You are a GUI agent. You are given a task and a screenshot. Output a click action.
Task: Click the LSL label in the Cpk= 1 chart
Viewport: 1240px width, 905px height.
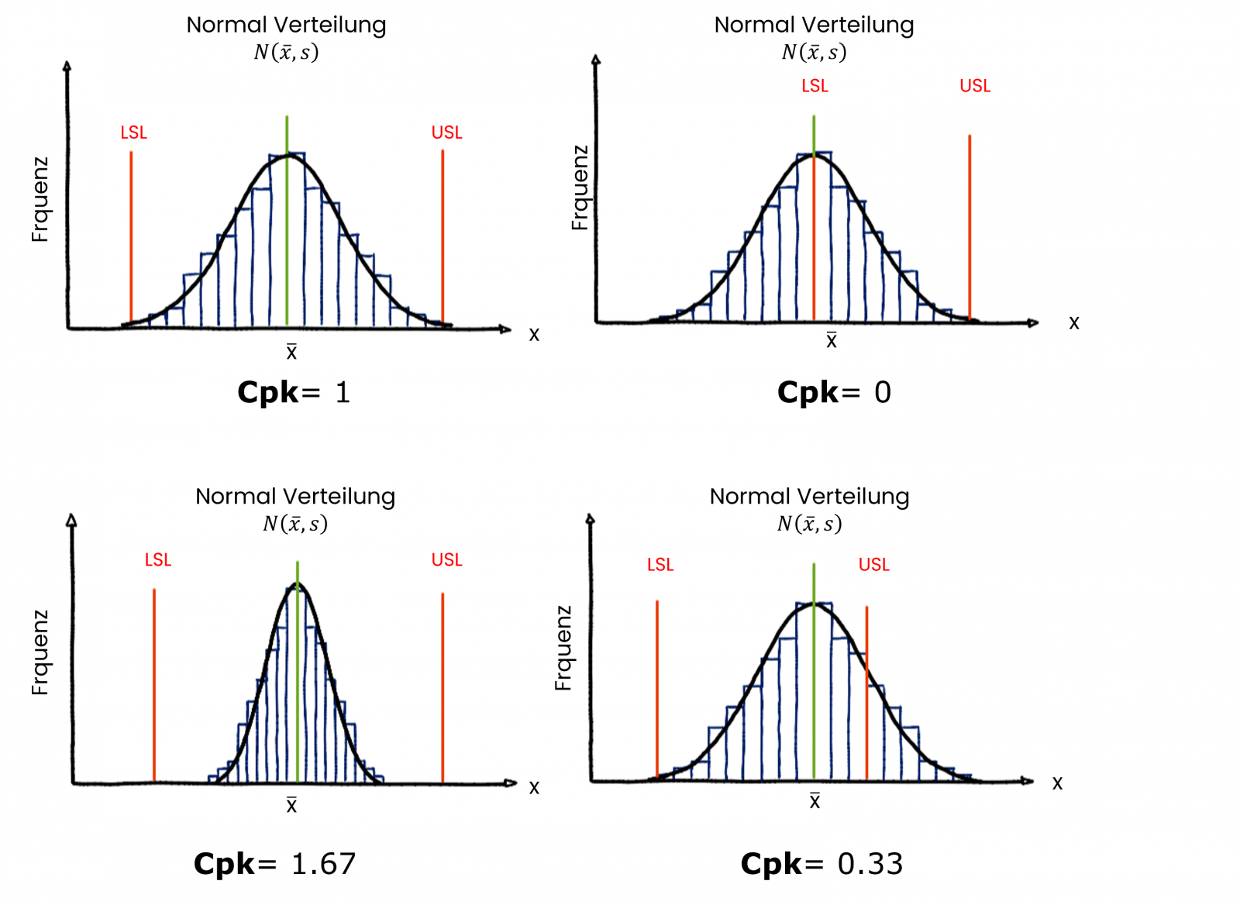click(133, 132)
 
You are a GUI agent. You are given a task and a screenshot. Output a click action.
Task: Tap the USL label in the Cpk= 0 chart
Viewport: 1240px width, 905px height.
click(975, 86)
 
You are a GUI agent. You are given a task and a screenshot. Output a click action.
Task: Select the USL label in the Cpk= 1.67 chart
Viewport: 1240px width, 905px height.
click(446, 559)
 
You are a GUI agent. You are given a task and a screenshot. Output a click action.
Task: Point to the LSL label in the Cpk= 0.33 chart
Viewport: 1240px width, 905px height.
click(660, 565)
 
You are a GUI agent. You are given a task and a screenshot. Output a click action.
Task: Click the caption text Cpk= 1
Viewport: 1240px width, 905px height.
click(294, 392)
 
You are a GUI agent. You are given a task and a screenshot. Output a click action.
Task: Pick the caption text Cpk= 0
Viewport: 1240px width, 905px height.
click(834, 392)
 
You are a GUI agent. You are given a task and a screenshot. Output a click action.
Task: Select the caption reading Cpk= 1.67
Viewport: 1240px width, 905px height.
click(274, 863)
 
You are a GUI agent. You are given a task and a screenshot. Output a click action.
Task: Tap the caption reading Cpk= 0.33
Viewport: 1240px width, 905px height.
click(821, 863)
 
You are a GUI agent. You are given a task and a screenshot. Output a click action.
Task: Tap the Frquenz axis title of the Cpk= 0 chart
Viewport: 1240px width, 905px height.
click(580, 188)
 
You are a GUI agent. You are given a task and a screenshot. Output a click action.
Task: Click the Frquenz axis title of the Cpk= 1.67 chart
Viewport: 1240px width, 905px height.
click(40, 652)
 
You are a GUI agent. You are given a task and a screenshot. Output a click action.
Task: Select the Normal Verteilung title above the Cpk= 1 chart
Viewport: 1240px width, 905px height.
click(286, 25)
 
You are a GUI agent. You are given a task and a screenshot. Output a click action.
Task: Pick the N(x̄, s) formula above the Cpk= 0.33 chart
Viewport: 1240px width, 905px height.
click(809, 525)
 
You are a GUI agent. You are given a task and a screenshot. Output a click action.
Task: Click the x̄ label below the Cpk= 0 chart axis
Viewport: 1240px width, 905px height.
click(831, 340)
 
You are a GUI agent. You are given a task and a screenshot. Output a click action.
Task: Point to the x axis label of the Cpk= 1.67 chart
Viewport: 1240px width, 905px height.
click(534, 788)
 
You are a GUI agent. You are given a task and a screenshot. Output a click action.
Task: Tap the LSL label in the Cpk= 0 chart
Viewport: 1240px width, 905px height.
click(815, 86)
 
